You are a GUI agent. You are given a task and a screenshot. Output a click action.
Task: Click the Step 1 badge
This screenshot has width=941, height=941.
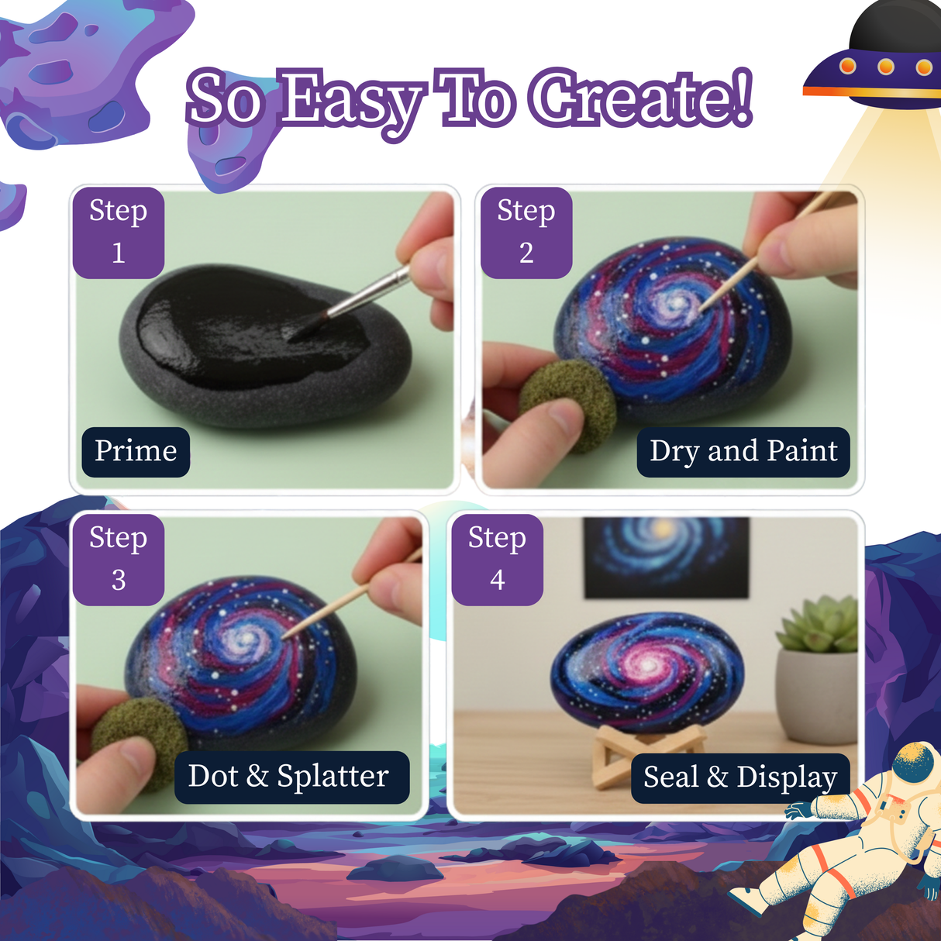119,232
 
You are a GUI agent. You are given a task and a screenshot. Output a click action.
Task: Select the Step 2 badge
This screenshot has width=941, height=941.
526,232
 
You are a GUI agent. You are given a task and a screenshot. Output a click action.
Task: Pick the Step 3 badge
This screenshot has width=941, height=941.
119,559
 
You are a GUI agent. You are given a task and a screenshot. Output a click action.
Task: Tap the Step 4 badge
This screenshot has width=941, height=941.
498,559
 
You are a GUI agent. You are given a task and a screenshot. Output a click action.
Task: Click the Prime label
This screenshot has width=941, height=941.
136,451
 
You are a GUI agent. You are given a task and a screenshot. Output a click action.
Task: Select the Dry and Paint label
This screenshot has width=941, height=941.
743,451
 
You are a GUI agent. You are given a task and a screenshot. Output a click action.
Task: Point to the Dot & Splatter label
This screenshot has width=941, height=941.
288,777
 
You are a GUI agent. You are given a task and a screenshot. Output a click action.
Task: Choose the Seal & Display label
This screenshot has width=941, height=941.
740,777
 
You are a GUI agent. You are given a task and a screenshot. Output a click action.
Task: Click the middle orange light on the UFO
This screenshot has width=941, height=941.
885,67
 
